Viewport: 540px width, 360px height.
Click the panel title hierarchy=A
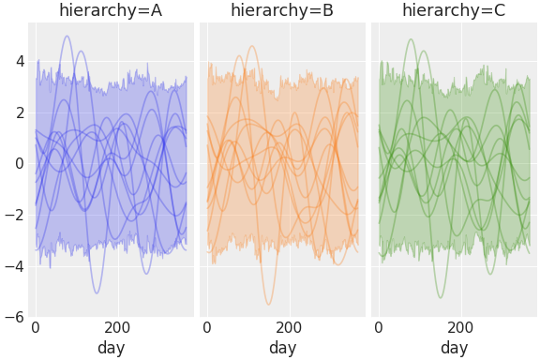pos(111,10)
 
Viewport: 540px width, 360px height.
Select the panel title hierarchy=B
pos(282,10)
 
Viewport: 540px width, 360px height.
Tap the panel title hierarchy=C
pos(454,10)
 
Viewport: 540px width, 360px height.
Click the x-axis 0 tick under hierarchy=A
pos(36,329)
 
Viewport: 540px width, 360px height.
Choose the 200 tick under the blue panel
pos(117,329)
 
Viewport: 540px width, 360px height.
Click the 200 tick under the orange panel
pos(289,329)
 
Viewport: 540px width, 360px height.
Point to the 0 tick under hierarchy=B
pos(207,329)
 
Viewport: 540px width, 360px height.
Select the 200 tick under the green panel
pos(460,329)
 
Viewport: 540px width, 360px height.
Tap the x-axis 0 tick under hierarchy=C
pos(379,329)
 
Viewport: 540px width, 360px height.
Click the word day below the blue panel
pos(111,348)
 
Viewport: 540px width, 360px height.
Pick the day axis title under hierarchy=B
pos(282,348)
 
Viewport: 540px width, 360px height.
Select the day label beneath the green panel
pos(454,348)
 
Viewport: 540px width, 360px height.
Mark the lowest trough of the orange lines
pos(268,304)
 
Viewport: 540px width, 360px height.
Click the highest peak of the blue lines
pos(67,37)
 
